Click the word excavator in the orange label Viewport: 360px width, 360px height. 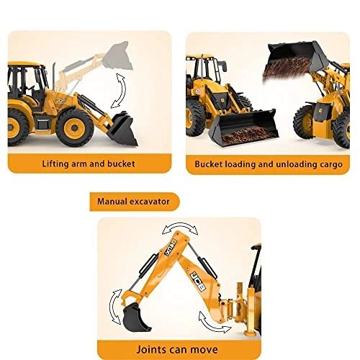click(154, 201)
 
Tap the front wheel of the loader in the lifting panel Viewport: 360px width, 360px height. click(75, 128)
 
